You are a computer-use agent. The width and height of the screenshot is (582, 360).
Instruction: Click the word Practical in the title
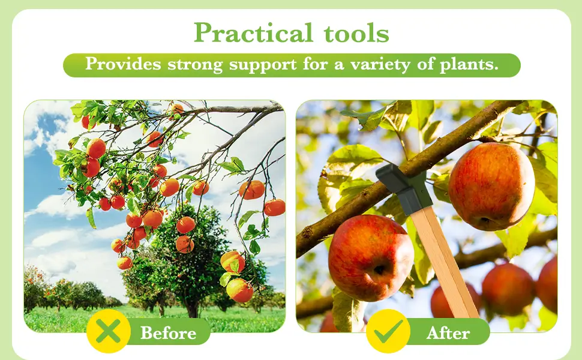(x=254, y=32)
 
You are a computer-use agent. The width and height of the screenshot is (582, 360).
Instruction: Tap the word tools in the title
(x=356, y=32)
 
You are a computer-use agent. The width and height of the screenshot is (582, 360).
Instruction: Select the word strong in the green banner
(x=195, y=65)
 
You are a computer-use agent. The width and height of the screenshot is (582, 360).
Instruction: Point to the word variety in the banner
(x=380, y=65)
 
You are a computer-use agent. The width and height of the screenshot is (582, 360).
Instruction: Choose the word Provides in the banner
(x=123, y=64)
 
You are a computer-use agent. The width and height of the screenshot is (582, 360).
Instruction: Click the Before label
(x=168, y=333)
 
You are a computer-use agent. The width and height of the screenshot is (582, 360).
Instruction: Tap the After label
(x=448, y=333)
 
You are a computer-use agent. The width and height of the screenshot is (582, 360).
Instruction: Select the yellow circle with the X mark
(x=109, y=331)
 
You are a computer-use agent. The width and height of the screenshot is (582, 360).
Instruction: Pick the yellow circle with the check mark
(x=388, y=331)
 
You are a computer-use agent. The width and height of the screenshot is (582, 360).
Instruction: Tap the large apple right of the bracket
(x=491, y=187)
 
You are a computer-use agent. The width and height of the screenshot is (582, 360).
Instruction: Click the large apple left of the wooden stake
(x=371, y=257)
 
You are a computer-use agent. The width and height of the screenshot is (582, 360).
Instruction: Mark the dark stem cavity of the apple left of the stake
(x=379, y=270)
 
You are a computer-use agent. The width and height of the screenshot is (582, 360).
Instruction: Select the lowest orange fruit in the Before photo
(x=240, y=290)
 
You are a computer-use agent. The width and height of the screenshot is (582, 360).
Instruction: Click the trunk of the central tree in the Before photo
(x=192, y=307)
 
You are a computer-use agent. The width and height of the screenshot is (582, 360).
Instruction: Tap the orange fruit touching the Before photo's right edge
(x=275, y=208)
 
